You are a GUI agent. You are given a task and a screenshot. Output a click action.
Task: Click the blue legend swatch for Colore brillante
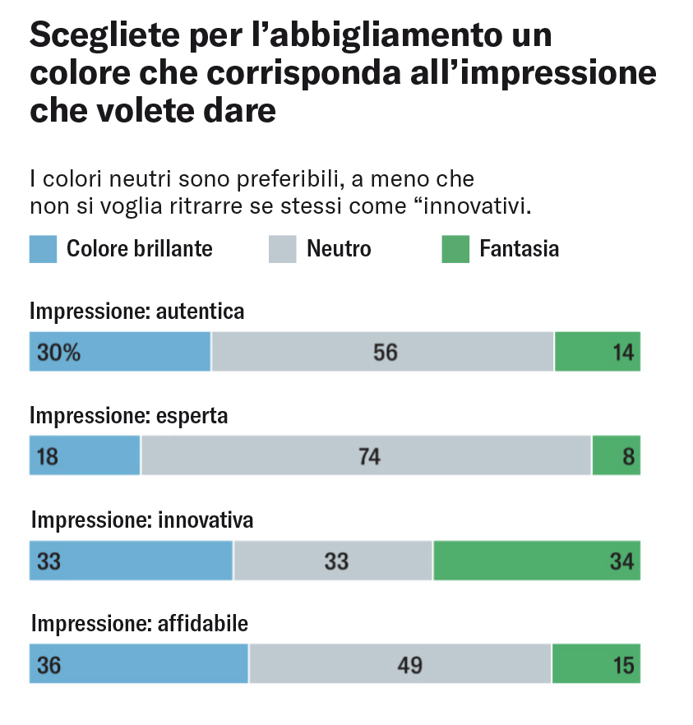[x=43, y=249]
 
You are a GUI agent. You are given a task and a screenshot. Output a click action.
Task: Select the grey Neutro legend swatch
[x=282, y=249]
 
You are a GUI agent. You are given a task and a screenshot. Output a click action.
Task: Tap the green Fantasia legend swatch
[x=455, y=249]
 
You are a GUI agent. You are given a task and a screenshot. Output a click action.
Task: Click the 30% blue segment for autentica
[x=120, y=352]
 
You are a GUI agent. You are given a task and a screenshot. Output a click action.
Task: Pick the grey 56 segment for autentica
[x=382, y=352]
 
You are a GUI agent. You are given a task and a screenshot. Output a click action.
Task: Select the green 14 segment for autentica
[x=598, y=352]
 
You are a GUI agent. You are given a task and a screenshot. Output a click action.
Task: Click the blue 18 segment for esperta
[x=85, y=456]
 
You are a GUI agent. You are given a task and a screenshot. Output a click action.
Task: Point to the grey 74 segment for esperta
[x=366, y=456]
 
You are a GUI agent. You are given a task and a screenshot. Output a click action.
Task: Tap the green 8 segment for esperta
[x=616, y=456]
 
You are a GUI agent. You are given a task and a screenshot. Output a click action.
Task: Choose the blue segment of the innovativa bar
[x=132, y=561]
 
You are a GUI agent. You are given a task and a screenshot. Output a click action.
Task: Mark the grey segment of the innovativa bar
[x=333, y=561]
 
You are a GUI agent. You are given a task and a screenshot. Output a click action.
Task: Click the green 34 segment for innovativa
[x=536, y=561]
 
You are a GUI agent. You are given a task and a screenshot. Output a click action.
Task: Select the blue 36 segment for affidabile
[x=139, y=664]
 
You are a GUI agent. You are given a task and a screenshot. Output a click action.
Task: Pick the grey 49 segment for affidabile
[x=400, y=664]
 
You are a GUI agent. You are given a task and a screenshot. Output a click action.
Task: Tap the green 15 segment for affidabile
[x=596, y=664]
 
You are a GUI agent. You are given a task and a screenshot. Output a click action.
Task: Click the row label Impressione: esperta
[x=129, y=416]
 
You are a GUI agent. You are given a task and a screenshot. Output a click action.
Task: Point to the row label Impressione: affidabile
[x=140, y=625]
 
